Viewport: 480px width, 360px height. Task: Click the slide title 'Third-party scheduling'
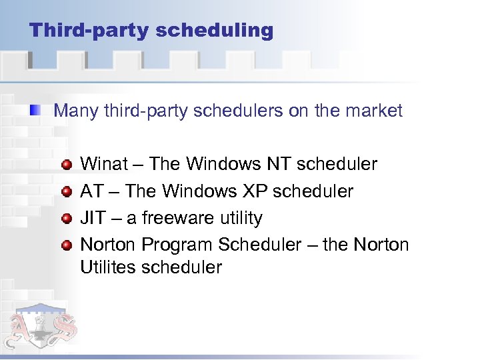pos(151,31)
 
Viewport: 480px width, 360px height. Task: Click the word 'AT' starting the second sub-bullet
pos(91,191)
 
